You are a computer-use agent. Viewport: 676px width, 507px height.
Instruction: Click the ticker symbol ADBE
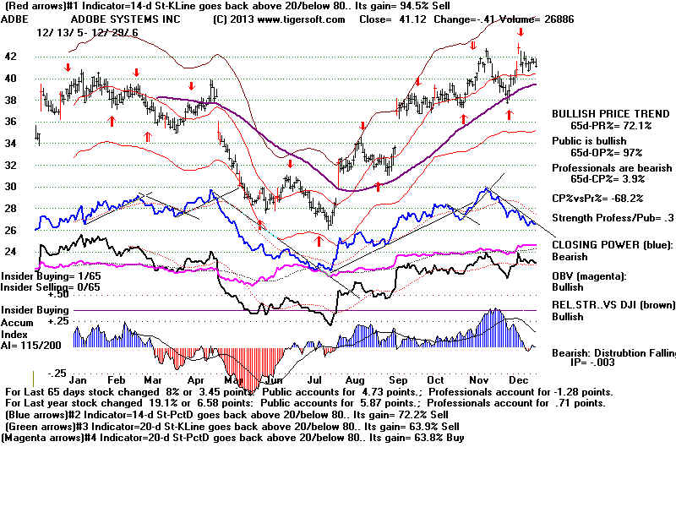(17, 18)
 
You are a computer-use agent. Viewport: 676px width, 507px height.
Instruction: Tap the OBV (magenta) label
(591, 276)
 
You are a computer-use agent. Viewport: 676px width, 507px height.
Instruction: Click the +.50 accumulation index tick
(34, 295)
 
